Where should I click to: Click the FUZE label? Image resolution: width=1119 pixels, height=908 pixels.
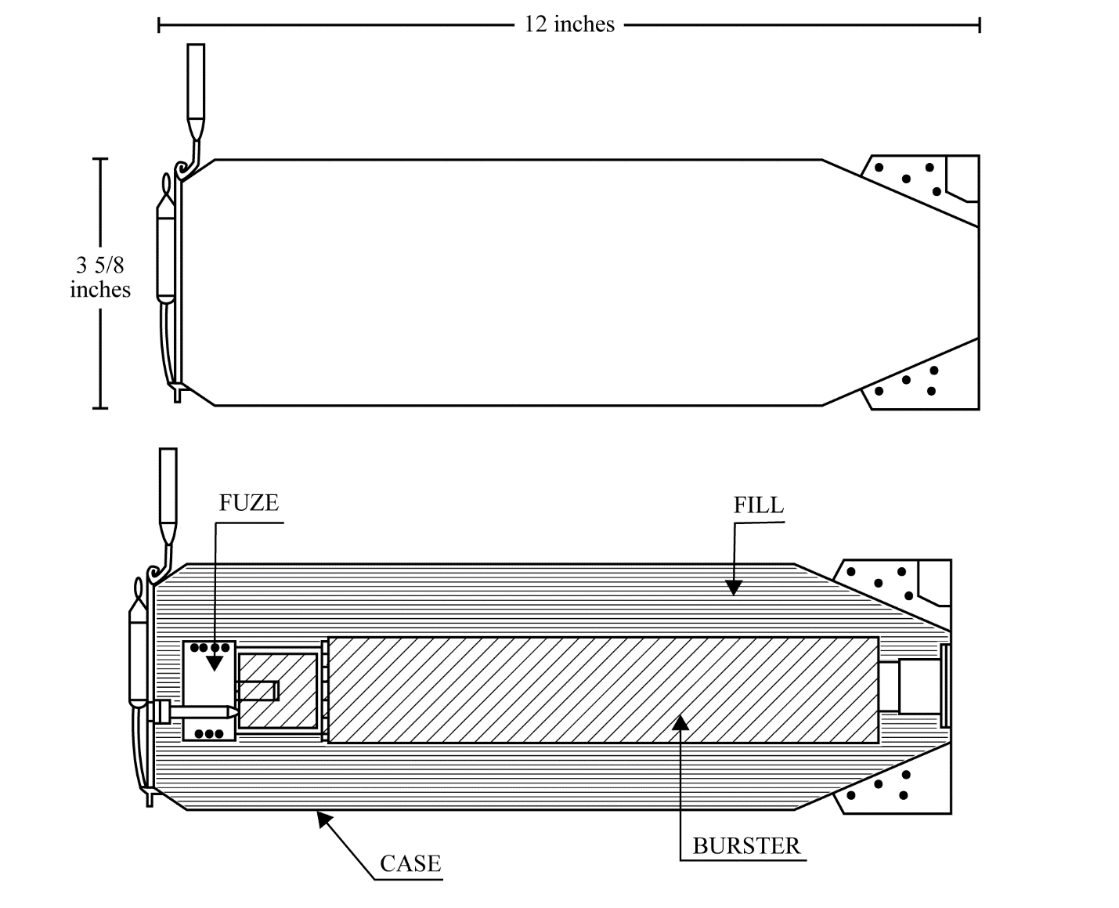click(x=248, y=503)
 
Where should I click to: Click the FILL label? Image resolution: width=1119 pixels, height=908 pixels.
click(x=759, y=505)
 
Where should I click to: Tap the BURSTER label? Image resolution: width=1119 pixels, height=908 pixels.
click(x=746, y=846)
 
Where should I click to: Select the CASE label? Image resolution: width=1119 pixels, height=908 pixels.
click(x=410, y=864)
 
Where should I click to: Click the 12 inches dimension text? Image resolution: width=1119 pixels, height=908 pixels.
click(x=569, y=24)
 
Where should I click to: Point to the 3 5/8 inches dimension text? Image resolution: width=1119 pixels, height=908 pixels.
click(x=100, y=277)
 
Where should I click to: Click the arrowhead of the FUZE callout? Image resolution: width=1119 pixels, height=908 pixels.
click(x=215, y=663)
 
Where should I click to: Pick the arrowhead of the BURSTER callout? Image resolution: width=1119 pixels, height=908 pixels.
click(x=680, y=722)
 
